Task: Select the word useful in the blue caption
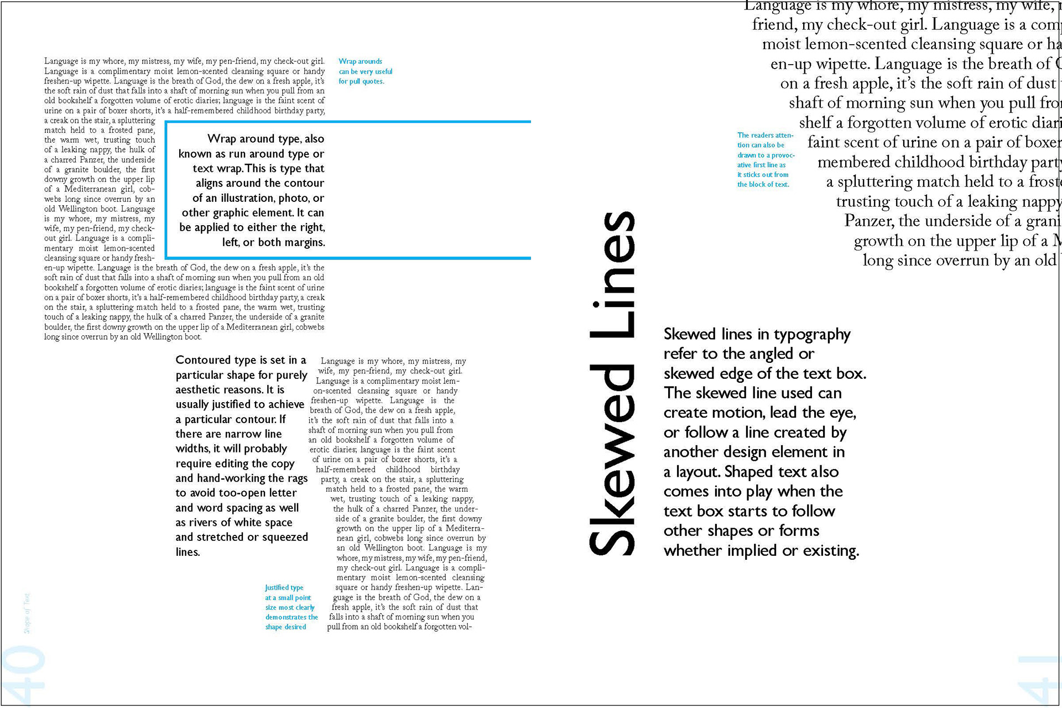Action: click(x=383, y=71)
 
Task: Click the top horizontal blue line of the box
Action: click(x=348, y=121)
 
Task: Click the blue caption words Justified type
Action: click(x=284, y=587)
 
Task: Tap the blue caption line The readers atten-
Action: click(x=765, y=135)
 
